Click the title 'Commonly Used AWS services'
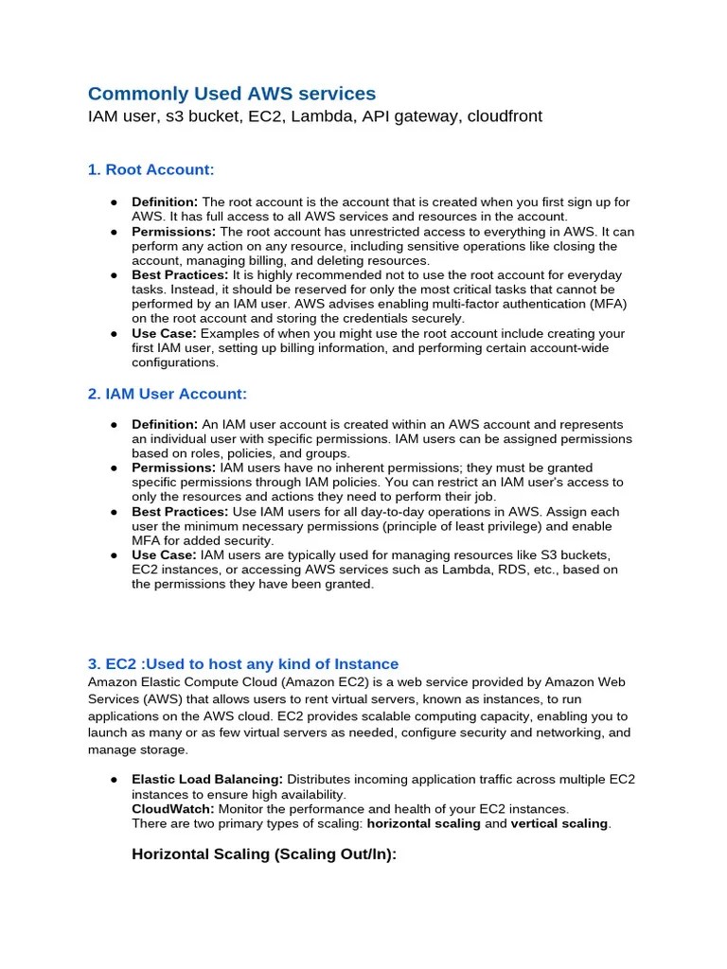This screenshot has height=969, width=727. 232,93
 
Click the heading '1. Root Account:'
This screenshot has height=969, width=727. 151,169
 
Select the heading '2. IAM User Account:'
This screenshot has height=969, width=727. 167,394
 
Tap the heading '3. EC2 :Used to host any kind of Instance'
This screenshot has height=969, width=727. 243,663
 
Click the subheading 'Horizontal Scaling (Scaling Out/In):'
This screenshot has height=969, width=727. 264,854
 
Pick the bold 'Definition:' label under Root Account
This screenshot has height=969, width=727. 165,203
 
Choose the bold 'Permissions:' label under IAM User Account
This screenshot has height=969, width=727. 173,467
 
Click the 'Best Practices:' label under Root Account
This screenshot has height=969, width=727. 180,274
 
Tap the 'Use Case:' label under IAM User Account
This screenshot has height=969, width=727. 164,555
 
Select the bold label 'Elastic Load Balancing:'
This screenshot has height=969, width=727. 207,779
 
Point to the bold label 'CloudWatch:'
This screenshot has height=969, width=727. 173,809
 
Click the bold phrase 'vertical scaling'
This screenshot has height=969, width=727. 559,823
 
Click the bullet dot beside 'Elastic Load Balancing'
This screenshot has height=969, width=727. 113,780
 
